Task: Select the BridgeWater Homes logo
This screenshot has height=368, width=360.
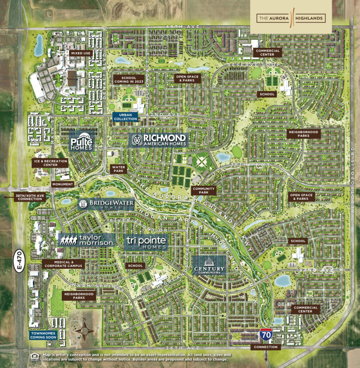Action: [106, 204]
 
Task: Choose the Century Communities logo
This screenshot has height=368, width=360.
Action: [209, 266]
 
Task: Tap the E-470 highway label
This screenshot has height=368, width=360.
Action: [21, 261]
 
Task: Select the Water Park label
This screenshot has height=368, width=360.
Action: [118, 169]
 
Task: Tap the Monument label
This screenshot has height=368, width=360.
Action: [62, 184]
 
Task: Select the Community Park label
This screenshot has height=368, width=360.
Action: [204, 191]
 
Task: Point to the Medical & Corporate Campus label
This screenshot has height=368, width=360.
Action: [63, 264]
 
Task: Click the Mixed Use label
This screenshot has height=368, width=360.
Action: [81, 53]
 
